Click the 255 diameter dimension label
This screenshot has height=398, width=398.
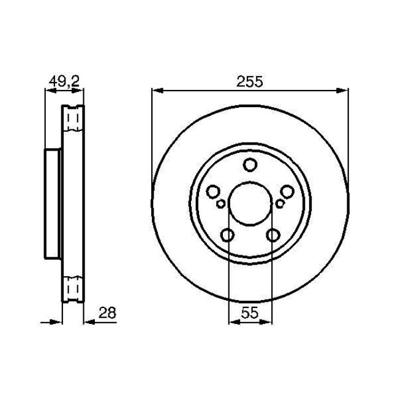click(249, 81)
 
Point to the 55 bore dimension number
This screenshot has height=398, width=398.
click(249, 312)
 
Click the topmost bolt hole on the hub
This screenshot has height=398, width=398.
click(249, 165)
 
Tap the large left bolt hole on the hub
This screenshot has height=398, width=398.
click(213, 192)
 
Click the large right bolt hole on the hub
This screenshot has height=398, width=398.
click(286, 192)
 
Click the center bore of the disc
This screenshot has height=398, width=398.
click(249, 203)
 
